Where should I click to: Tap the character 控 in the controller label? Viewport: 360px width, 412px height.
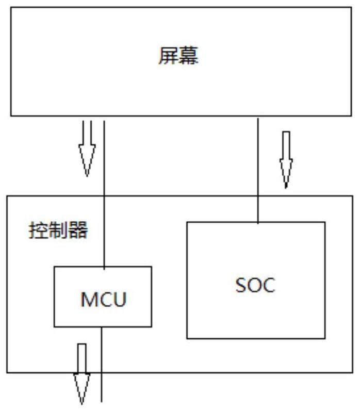point(38,230)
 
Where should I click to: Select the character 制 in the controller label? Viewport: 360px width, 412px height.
point(57,230)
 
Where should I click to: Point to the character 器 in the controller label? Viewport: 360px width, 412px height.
point(78,230)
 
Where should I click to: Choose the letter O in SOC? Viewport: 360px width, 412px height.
point(255,286)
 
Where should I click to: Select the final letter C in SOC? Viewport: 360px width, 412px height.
point(269,286)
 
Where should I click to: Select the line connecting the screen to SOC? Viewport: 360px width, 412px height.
point(257,170)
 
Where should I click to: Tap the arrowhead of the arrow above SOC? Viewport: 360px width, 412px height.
point(286,175)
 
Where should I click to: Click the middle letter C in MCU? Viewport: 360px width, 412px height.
point(104,300)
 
